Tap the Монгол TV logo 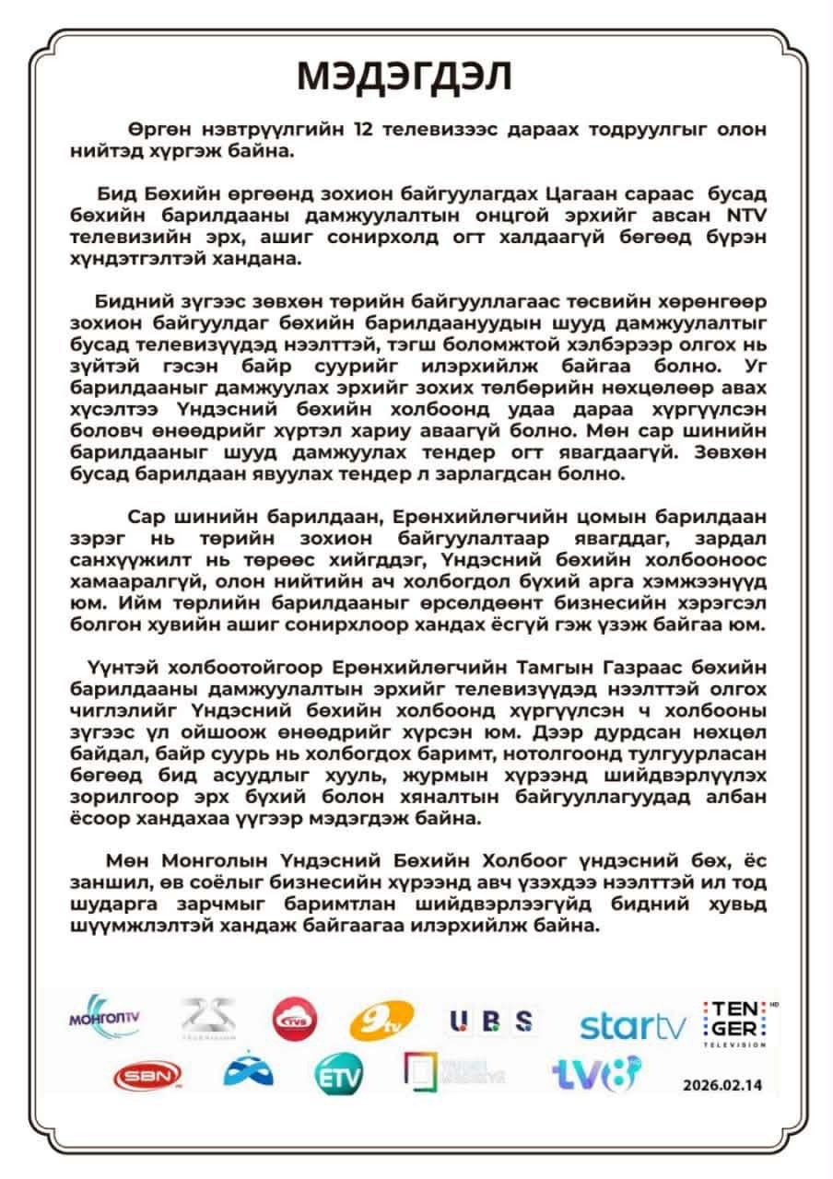click(104, 1017)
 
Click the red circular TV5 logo click(295, 1019)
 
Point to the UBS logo click(491, 1021)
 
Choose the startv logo click(632, 1025)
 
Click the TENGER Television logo click(736, 1022)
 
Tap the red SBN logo click(147, 1075)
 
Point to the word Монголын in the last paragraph click(205, 861)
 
